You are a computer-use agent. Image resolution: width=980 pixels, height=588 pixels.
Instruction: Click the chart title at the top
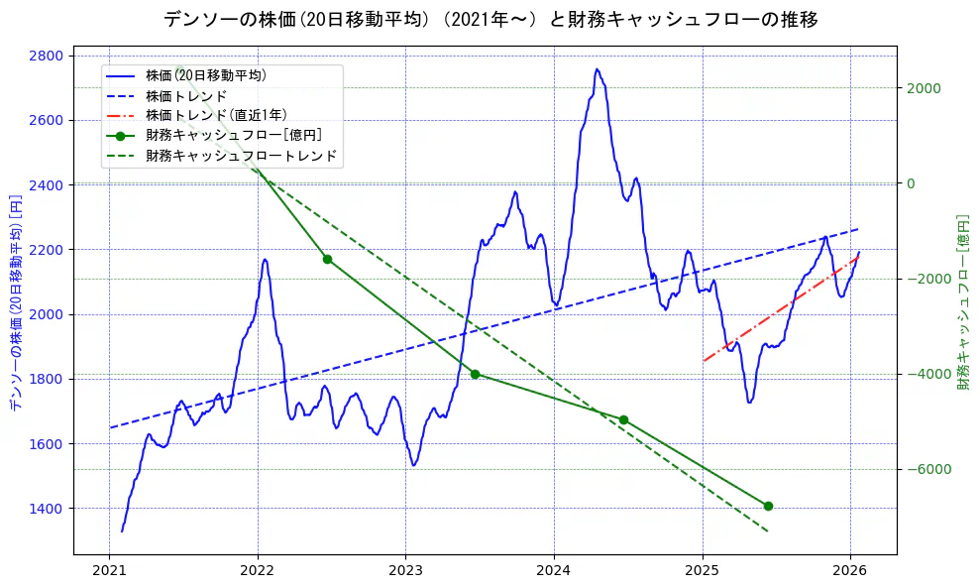pyautogui.click(x=490, y=19)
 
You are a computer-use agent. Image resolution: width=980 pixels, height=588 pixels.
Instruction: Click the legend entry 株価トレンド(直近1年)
pyautogui.click(x=215, y=115)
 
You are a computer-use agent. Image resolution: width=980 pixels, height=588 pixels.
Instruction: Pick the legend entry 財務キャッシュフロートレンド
pyautogui.click(x=241, y=156)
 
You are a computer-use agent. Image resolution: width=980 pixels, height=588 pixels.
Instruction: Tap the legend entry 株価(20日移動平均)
pyautogui.click(x=205, y=74)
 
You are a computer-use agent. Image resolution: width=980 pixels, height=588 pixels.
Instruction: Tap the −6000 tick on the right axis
pyautogui.click(x=925, y=469)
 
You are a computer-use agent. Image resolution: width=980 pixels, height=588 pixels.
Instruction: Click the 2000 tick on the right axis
pyautogui.click(x=923, y=88)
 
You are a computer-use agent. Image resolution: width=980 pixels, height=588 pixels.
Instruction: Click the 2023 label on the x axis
pyautogui.click(x=405, y=571)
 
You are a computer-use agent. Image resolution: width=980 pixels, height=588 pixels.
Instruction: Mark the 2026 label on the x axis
pyautogui.click(x=850, y=571)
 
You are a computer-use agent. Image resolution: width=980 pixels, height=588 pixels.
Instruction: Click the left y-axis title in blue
pyautogui.click(x=15, y=302)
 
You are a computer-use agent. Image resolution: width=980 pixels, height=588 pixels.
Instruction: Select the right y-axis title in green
pyautogui.click(x=962, y=302)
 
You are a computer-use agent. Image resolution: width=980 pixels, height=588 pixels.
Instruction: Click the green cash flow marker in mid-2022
pyautogui.click(x=327, y=259)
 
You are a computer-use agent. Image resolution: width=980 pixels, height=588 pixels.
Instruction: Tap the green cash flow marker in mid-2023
pyautogui.click(x=475, y=374)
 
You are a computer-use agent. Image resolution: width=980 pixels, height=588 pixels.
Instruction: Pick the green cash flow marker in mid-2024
pyautogui.click(x=623, y=419)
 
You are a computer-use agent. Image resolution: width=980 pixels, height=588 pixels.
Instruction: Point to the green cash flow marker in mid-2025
pyautogui.click(x=768, y=506)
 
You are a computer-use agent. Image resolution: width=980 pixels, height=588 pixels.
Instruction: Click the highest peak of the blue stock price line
pyautogui.click(x=597, y=69)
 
